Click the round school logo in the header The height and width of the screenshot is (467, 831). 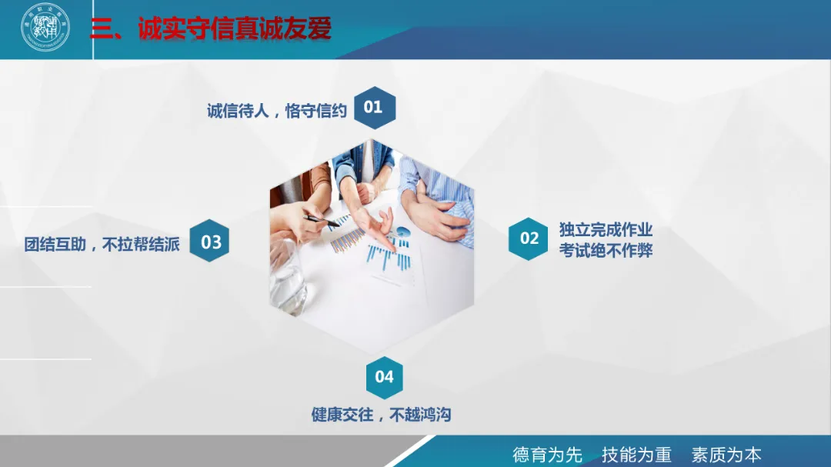tap(45, 28)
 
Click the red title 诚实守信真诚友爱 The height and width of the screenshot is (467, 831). tap(235, 29)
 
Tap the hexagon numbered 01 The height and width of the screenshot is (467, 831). tap(373, 108)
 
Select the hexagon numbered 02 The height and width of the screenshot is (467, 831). tap(529, 239)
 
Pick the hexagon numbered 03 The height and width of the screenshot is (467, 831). tap(210, 242)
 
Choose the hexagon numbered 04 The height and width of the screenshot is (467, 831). tap(384, 376)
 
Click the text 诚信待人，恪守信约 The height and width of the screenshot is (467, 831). tap(277, 111)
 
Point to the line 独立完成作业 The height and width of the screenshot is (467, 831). tap(606, 230)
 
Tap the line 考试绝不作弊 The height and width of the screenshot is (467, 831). tap(606, 250)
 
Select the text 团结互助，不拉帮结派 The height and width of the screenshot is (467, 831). tap(102, 245)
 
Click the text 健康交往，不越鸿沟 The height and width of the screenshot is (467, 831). tap(381, 415)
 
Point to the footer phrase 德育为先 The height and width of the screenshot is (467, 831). tap(547, 454)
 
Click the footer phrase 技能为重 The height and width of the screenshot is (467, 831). tap(636, 454)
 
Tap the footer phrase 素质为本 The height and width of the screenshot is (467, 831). tap(726, 454)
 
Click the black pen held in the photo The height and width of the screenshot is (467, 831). tap(322, 221)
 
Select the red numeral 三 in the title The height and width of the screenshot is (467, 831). tap(102, 29)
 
